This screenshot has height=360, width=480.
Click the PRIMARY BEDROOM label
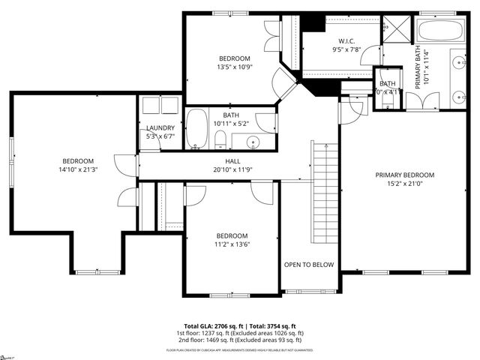click(405, 175)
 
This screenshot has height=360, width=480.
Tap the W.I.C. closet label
click(346, 40)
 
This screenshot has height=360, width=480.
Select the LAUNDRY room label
click(160, 128)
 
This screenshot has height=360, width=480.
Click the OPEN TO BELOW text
click(308, 265)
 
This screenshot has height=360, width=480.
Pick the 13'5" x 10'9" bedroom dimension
click(235, 67)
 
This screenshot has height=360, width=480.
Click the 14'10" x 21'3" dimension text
click(78, 170)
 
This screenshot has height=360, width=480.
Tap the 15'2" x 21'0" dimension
click(405, 184)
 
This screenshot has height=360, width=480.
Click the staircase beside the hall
click(325, 191)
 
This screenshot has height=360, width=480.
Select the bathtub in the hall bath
click(197, 129)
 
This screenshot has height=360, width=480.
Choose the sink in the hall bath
click(253, 141)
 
